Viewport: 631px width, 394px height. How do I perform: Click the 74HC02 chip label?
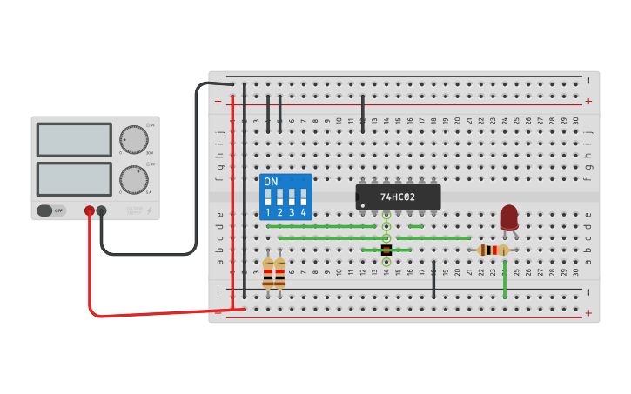click(398, 197)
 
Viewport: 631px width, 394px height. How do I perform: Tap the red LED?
click(509, 217)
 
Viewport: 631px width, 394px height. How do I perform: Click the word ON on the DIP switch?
click(271, 182)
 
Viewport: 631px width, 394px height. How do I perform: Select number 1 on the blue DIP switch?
click(268, 212)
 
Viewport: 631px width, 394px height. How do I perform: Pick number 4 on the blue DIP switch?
click(303, 212)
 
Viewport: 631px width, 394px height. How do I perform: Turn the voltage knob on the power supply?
click(133, 139)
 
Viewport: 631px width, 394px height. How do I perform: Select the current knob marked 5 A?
click(133, 180)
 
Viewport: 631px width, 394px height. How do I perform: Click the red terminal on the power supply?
click(89, 210)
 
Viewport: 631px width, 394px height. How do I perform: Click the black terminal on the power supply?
click(102, 210)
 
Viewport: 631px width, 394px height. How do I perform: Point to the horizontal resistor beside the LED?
click(493, 250)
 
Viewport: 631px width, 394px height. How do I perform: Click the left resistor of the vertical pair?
click(268, 273)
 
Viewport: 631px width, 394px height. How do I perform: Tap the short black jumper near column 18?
click(433, 279)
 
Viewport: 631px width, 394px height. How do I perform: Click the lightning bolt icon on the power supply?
click(149, 210)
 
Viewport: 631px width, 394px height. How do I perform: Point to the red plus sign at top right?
click(588, 102)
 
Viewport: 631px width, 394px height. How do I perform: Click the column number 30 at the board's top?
click(575, 121)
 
